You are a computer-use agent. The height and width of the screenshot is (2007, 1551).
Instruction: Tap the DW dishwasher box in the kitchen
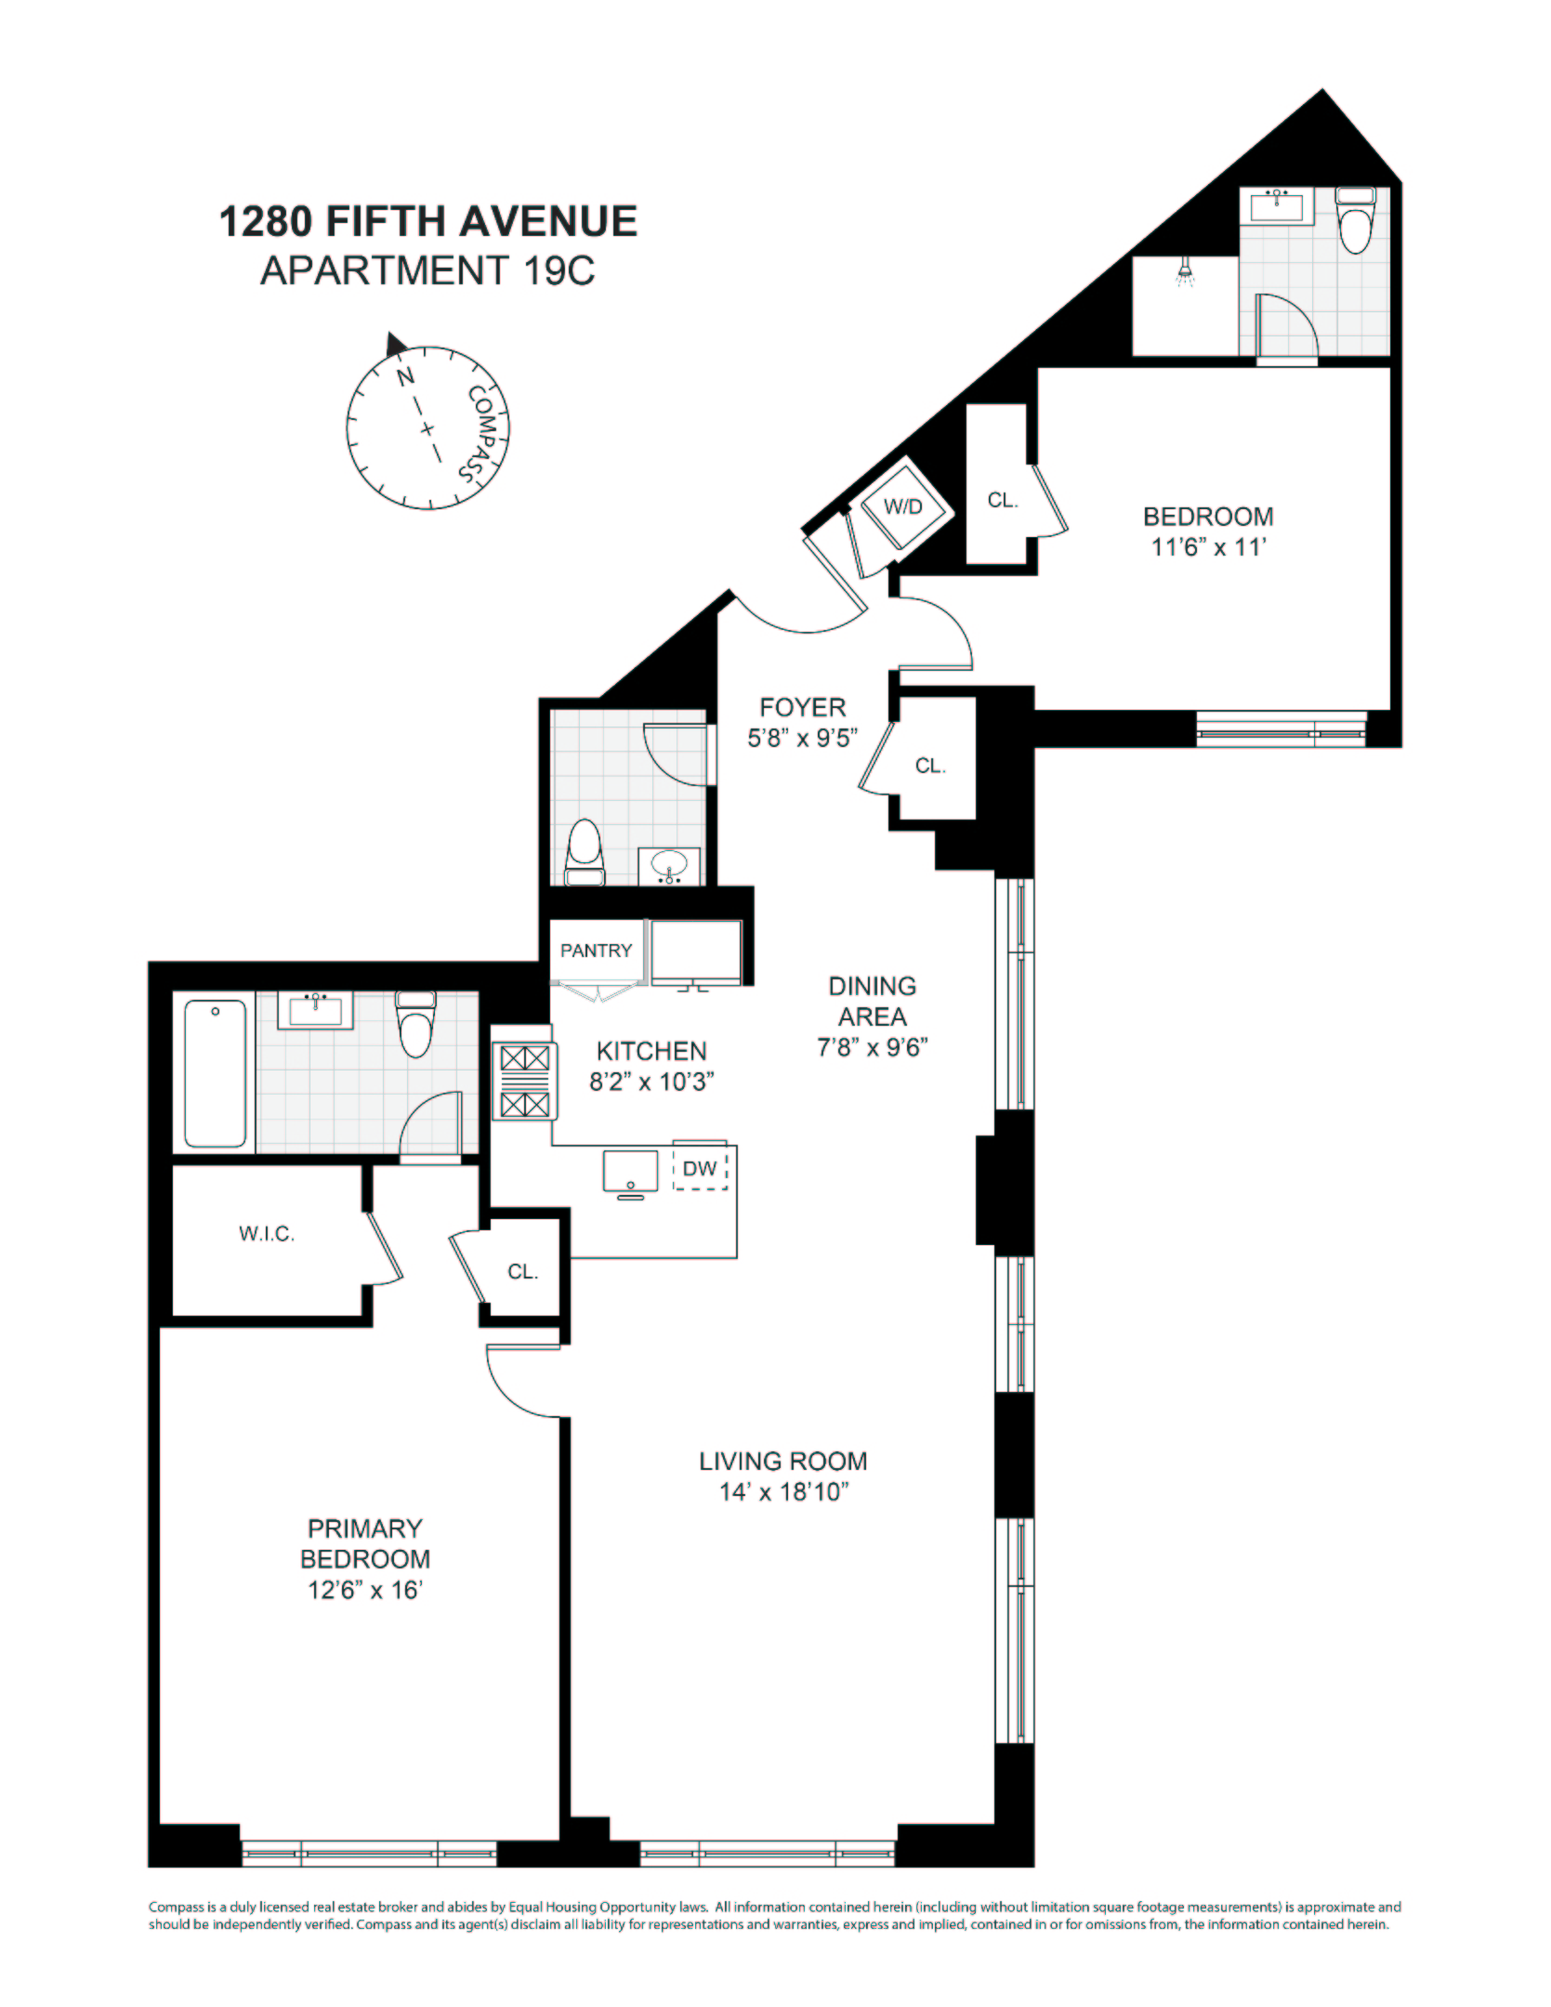click(700, 1169)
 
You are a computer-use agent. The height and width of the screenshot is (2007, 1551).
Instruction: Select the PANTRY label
click(596, 951)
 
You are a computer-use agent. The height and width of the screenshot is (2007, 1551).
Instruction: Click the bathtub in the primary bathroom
click(216, 1072)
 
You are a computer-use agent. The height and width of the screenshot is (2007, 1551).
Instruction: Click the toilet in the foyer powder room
click(585, 850)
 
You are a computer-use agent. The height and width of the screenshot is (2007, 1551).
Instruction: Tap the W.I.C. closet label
click(267, 1234)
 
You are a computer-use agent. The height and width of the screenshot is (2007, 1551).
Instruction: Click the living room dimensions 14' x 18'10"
click(784, 1492)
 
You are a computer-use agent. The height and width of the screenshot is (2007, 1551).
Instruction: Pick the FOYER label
click(803, 707)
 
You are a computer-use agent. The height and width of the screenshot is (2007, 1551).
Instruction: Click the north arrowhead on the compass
click(396, 344)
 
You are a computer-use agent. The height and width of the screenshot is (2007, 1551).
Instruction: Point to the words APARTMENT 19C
click(427, 271)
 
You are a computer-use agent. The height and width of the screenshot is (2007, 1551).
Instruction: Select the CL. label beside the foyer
click(930, 766)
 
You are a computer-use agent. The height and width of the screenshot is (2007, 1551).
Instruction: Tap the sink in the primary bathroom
click(316, 1010)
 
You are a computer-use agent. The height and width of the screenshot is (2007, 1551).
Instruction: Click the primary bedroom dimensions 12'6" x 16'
click(364, 1590)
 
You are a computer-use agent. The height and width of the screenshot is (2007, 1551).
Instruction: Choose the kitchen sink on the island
click(630, 1171)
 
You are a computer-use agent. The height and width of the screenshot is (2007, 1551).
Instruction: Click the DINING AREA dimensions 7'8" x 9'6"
click(872, 1047)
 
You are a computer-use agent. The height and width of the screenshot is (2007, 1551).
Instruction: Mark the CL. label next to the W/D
click(1003, 500)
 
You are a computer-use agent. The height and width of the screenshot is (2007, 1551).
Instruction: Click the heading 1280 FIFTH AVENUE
click(427, 222)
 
